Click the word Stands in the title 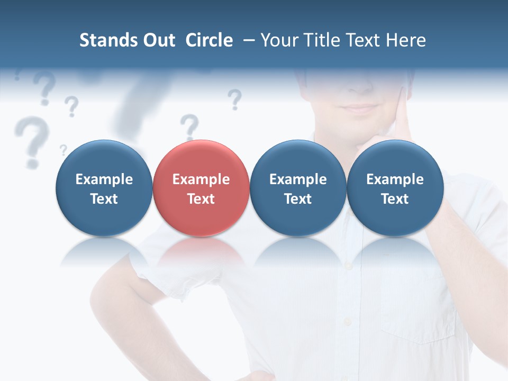106,40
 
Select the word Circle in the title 209,40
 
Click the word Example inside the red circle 201,179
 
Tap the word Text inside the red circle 201,199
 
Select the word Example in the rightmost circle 395,179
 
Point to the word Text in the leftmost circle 104,199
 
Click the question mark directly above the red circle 189,127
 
